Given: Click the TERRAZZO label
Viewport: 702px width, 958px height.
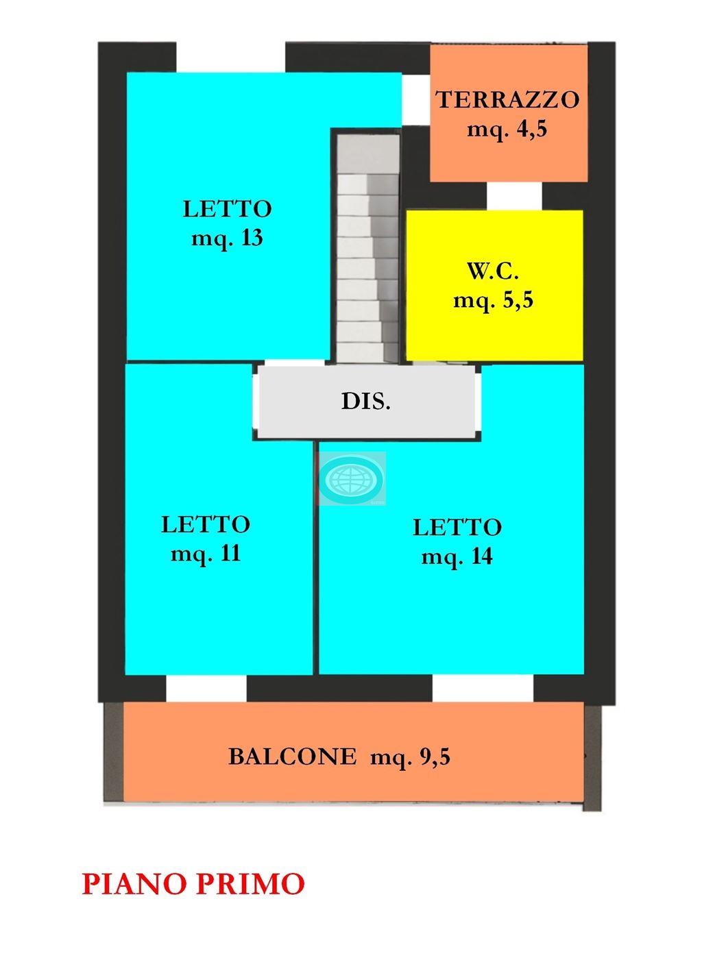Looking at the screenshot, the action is (x=508, y=99).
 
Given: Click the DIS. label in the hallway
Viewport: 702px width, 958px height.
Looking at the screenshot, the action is (x=366, y=401).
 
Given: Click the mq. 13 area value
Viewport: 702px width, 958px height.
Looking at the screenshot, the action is (x=227, y=238).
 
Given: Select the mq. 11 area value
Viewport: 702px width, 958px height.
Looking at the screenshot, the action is (x=206, y=554).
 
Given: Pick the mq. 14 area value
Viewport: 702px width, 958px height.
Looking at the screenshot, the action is (x=457, y=556).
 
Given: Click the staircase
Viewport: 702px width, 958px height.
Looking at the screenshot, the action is (x=367, y=248).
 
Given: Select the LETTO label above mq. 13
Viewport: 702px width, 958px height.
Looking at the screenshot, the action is (x=227, y=209).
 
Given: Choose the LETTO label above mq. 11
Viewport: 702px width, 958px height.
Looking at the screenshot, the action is (x=206, y=524).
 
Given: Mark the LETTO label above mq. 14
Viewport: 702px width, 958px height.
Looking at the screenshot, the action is (x=457, y=528).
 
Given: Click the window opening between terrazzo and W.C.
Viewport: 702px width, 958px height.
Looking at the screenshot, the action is (x=515, y=195).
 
